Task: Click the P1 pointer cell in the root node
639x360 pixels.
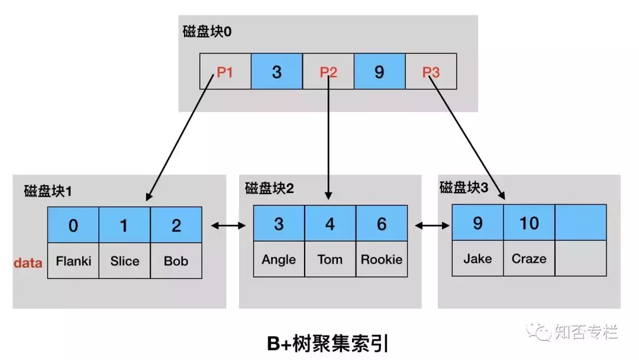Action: coord(225,72)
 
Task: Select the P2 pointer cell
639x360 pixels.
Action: coord(328,72)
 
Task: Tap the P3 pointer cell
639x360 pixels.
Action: coord(431,72)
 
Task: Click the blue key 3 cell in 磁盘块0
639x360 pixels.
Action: coord(277,72)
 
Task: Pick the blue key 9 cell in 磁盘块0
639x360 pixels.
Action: coord(379,72)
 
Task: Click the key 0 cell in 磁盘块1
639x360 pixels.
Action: coord(73,225)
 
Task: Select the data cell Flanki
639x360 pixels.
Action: coord(73,261)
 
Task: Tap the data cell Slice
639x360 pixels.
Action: coord(125,261)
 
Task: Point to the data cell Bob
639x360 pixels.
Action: coord(176,261)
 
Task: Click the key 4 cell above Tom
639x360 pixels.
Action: coord(330,223)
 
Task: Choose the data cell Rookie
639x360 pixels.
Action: coord(382,259)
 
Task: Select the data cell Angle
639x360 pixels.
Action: coord(279,259)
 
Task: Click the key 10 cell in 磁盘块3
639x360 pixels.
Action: coord(529,223)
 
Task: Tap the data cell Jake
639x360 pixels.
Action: coord(477,259)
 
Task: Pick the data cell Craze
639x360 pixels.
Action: coord(529,259)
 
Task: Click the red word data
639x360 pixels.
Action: coord(28,262)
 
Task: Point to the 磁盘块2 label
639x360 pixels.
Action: coord(269,189)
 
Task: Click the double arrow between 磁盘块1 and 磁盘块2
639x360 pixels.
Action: coord(228,225)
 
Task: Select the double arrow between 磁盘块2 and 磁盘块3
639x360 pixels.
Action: coord(431,225)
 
